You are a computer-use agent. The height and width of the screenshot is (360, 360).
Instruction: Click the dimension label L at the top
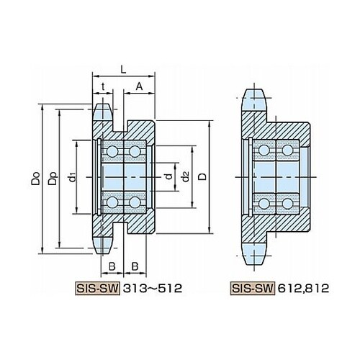point(123,69)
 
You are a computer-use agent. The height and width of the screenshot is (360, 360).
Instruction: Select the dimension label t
point(103,86)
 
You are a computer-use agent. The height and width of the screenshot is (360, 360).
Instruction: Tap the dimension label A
point(139,86)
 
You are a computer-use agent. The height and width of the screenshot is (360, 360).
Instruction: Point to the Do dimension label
point(35,179)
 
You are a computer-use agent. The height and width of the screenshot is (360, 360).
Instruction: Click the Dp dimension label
point(53,179)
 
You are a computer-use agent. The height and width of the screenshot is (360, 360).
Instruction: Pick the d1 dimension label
point(72,177)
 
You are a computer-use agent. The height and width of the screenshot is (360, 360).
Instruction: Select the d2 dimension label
point(185,177)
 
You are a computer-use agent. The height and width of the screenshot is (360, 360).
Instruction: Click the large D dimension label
point(202,176)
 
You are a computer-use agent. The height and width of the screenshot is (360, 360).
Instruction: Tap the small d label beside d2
point(169,176)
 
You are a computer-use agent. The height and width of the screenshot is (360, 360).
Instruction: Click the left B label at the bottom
point(112,266)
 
